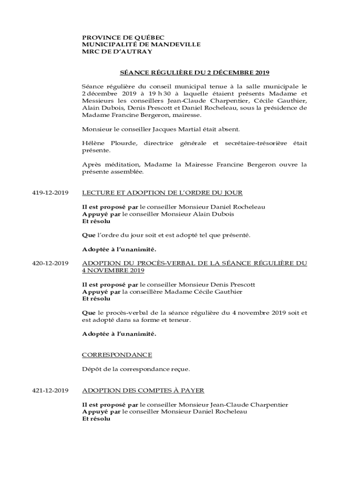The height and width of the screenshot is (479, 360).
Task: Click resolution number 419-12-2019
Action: pyautogui.click(x=50, y=193)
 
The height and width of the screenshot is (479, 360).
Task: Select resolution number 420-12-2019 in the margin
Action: pyautogui.click(x=50, y=263)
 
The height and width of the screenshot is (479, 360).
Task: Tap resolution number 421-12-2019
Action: pyautogui.click(x=50, y=390)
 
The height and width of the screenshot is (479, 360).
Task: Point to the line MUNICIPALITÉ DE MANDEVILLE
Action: pyautogui.click(x=141, y=44)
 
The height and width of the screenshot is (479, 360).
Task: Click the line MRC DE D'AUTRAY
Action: pyautogui.click(x=117, y=51)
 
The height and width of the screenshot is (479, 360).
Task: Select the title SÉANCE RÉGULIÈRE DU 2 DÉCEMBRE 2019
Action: pyautogui.click(x=194, y=73)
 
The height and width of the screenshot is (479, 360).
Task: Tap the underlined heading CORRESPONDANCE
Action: pyautogui.click(x=117, y=355)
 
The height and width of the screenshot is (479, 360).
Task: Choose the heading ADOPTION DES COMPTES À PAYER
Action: pyautogui.click(x=143, y=390)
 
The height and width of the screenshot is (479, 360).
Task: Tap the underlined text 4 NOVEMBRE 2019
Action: pyautogui.click(x=113, y=270)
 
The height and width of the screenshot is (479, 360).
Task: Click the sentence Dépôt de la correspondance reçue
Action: pyautogui.click(x=136, y=369)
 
